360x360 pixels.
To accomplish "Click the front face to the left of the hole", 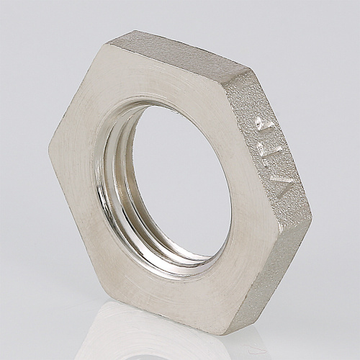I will pos(76,173).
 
